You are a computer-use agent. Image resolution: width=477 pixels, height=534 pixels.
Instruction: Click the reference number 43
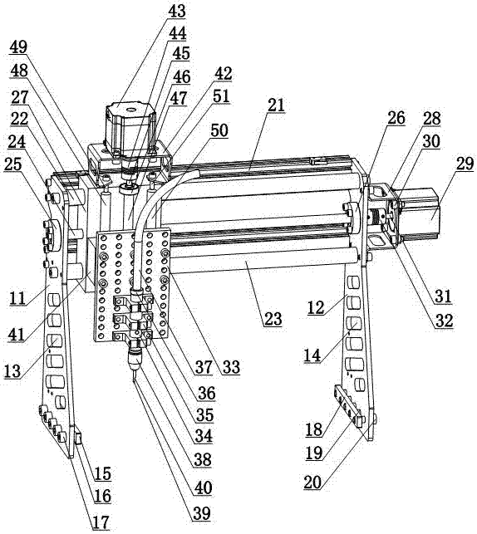pos(177,12)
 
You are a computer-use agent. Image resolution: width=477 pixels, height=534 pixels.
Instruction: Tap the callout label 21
pos(276,105)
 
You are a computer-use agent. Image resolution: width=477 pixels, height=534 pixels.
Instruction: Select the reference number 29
pos(465,164)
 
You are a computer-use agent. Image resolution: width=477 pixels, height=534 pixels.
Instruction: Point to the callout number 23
pos(273,319)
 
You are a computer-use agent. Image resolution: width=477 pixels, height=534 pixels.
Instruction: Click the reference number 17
pos(101,522)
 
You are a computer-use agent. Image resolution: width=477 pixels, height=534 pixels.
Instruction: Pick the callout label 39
pos(202,514)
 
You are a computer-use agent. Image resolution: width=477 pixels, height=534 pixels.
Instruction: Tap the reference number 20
pos(312,483)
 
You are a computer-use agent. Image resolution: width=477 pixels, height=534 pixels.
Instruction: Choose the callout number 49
pos(18,47)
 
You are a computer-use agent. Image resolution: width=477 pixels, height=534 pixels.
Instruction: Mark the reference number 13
pos(13,371)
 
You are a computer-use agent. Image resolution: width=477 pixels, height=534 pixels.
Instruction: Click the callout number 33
pos(231,367)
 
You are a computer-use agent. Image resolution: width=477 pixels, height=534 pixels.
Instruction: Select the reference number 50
pos(219,130)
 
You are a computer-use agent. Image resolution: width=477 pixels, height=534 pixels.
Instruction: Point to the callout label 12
pos(316,308)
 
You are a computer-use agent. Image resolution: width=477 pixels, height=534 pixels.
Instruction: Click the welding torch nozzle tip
pos(134,379)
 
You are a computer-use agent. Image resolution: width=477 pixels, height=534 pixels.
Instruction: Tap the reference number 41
pos(17,335)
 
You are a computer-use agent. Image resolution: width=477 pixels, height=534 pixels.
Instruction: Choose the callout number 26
pos(396,118)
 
